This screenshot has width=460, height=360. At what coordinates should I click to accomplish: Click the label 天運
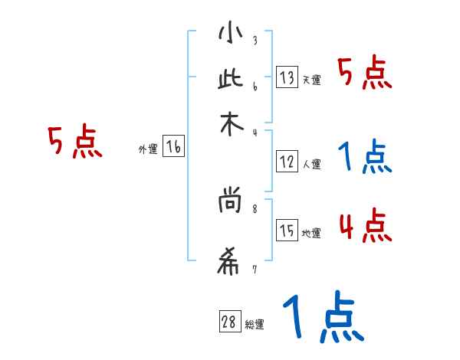coord(311,80)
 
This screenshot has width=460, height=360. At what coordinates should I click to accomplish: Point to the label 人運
coord(311,163)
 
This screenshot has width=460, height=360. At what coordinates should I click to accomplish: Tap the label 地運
coord(311,233)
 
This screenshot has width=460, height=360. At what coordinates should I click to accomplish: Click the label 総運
coord(254,324)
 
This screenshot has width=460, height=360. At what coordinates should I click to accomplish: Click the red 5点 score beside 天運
coord(365,74)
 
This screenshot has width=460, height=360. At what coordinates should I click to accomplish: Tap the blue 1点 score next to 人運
coord(365,157)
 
